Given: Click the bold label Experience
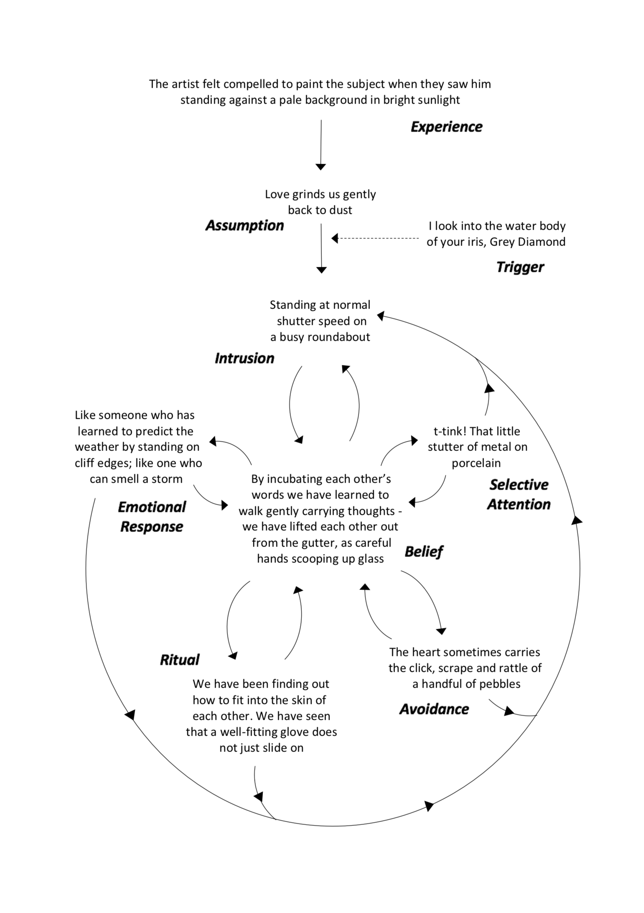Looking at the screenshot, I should tap(446, 126).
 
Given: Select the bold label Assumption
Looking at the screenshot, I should tap(244, 225).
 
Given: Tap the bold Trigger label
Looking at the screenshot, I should tap(520, 267).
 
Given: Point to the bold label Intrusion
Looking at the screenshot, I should tap(244, 358).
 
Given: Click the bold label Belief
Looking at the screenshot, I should tap(423, 551).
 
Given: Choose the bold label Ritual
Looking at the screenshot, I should tap(180, 660).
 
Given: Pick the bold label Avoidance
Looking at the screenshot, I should tap(434, 709).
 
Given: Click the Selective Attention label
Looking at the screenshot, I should tap(519, 494).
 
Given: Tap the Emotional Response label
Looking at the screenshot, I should tap(152, 517).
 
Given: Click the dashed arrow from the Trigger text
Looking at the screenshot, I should tap(376, 238).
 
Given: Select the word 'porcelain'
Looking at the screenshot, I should tap(476, 463).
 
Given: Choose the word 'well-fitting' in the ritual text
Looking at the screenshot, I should tap(252, 732).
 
